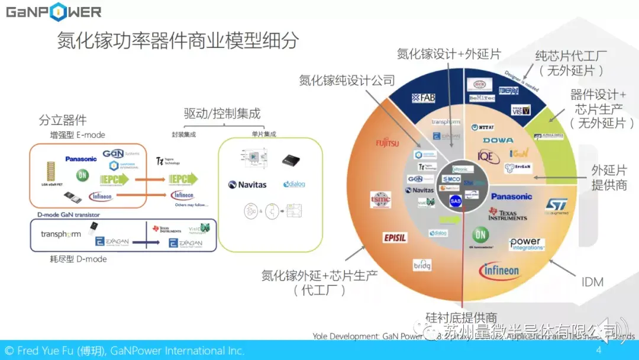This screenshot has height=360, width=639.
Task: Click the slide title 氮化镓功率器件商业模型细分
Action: [177, 41]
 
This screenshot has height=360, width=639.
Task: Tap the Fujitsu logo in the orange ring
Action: [388, 142]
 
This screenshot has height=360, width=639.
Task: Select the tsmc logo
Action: [380, 200]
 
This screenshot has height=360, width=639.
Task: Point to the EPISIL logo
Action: [395, 237]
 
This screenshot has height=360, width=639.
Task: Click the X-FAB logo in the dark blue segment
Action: [424, 97]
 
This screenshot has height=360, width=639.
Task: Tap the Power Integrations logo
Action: [526, 244]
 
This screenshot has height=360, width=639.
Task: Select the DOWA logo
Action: [498, 140]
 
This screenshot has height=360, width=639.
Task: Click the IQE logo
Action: [485, 156]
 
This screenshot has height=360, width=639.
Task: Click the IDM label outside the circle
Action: [592, 282]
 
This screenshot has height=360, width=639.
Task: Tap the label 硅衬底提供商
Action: [461, 317]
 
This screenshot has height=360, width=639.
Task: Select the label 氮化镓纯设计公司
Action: [347, 80]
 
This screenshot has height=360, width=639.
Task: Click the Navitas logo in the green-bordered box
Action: [247, 185]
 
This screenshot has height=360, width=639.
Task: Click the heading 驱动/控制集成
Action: [222, 113]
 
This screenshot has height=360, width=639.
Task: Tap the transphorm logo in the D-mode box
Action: [61, 234]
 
